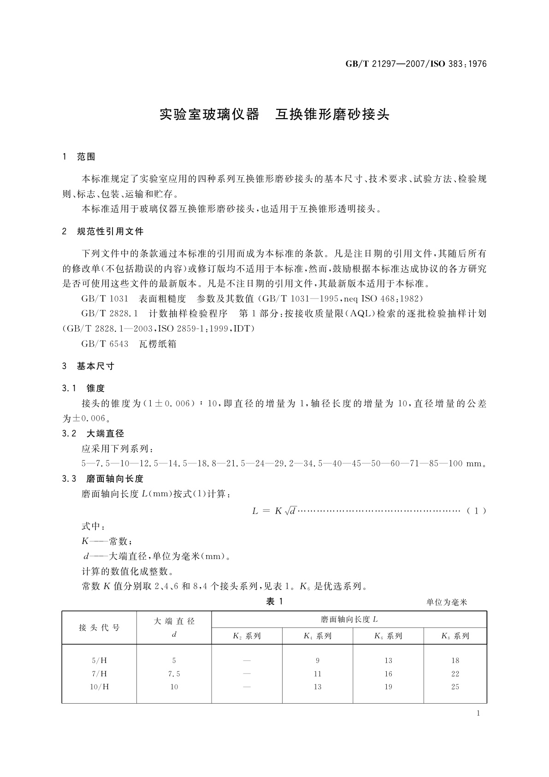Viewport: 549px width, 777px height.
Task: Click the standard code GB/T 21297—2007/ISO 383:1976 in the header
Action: [x=416, y=64]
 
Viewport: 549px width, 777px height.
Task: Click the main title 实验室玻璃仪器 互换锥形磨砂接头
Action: [x=274, y=114]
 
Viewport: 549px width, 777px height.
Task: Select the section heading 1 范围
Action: [x=78, y=157]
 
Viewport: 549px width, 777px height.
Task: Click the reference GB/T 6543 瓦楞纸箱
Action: [x=129, y=344]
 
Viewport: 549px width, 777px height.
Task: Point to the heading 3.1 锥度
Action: [x=83, y=389]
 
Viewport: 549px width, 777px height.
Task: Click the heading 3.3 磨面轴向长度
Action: [x=103, y=479]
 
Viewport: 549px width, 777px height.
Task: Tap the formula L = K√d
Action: [x=274, y=511]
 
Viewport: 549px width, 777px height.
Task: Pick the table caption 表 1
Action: [x=274, y=602]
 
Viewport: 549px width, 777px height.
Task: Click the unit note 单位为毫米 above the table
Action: [x=446, y=602]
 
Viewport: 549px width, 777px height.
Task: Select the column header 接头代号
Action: [x=99, y=628]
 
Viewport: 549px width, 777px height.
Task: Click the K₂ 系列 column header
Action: [x=247, y=636]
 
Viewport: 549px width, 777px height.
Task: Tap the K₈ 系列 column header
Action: [x=455, y=636]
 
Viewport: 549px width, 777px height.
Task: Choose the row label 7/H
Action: [x=100, y=674]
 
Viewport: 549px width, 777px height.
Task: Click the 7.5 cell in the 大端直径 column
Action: [x=174, y=674]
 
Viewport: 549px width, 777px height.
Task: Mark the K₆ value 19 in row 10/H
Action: [x=388, y=687]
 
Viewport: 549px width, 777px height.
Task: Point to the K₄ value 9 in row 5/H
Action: [x=317, y=661]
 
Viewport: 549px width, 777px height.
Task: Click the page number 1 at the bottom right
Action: [x=478, y=713]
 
